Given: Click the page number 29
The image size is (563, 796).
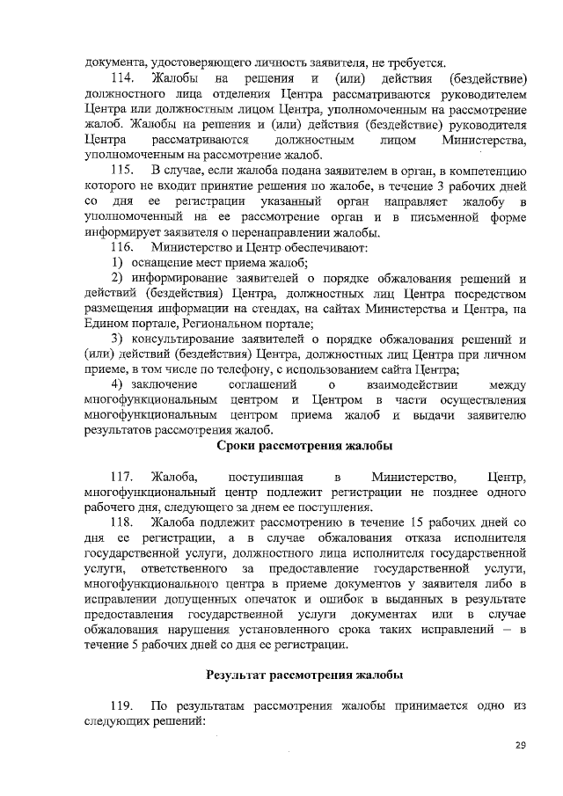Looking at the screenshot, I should coord(520,746).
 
